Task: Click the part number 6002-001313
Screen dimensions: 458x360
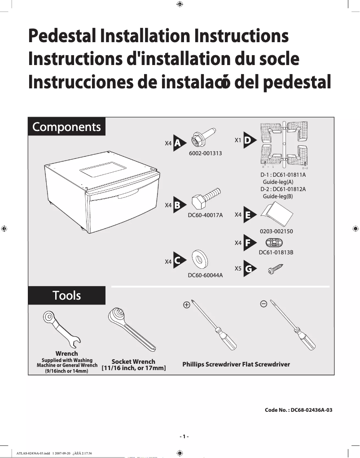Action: tap(205, 153)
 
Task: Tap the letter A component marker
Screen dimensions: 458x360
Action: tap(178, 143)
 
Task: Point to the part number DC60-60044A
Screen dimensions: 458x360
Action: tap(205, 275)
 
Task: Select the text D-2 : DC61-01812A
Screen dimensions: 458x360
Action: tap(283, 189)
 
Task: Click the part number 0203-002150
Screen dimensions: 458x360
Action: tap(276, 231)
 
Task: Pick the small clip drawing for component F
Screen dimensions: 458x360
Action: tap(273, 243)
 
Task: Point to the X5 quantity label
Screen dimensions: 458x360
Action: tap(238, 269)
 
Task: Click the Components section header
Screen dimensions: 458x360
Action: tap(66, 127)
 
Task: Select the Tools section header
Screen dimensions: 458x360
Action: tap(66, 295)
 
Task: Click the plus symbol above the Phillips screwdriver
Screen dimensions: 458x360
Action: tap(186, 305)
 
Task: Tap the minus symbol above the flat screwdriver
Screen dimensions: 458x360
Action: tap(264, 304)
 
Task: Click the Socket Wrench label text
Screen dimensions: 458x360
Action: tap(133, 362)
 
